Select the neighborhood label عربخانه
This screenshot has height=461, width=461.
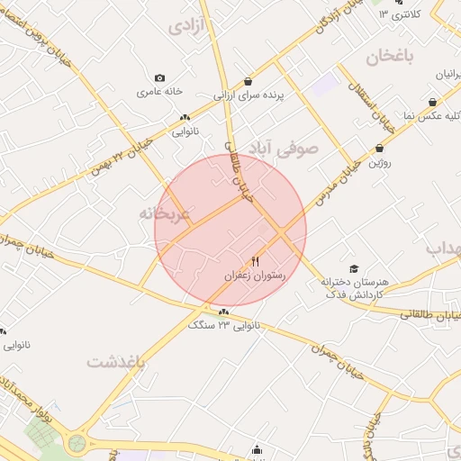(164, 214)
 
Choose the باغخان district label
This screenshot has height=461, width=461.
(389, 58)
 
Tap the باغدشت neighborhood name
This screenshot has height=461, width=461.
(116, 361)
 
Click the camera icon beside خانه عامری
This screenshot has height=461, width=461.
(160, 78)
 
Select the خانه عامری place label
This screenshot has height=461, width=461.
(160, 92)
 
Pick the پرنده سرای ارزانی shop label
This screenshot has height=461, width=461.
(249, 94)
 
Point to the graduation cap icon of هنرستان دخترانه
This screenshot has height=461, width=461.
(354, 268)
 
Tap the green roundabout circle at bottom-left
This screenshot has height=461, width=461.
(77, 443)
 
